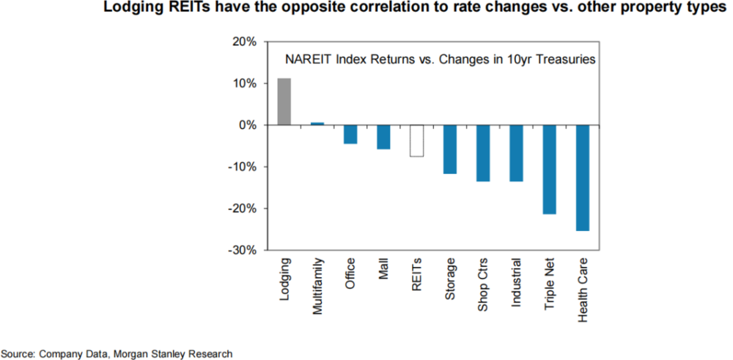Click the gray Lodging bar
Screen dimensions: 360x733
284,102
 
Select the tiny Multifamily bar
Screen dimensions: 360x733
317,123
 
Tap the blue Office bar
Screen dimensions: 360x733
350,134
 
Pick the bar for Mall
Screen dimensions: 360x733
383,137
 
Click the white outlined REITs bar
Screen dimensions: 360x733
416,141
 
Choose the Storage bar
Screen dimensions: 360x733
450,150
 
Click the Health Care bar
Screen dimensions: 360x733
582,178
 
